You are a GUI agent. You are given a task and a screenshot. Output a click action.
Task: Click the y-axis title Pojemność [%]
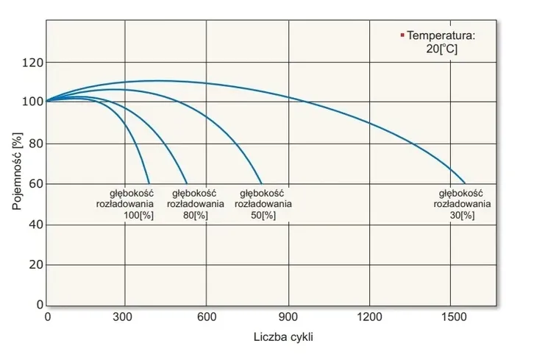pyautogui.click(x=18, y=172)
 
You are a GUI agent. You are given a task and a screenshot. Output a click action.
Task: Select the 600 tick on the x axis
pyautogui.click(x=206, y=317)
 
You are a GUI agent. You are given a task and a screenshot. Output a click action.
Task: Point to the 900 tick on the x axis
pyautogui.click(x=288, y=317)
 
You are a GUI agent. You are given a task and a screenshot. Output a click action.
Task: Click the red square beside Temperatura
pyautogui.click(x=402, y=35)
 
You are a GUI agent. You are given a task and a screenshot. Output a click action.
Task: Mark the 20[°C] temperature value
pyautogui.click(x=441, y=49)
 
